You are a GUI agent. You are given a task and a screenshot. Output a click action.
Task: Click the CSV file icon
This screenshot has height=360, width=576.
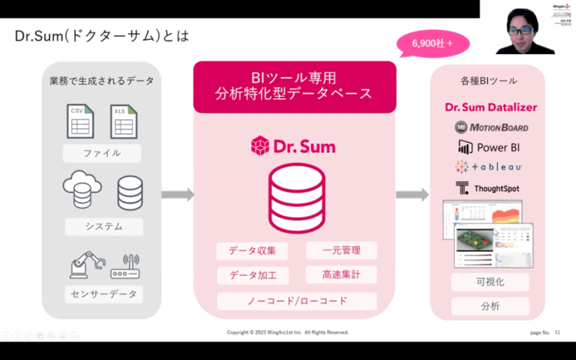pos(80,121)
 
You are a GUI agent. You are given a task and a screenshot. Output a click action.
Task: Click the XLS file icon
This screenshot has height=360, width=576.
pos(124,121)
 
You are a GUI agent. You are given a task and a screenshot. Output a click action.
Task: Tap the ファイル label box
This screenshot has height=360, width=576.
pos(102,154)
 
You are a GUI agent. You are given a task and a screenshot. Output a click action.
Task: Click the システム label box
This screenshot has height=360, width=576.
pos(102,226)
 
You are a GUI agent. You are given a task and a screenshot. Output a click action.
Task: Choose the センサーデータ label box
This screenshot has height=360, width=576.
pos(102,294)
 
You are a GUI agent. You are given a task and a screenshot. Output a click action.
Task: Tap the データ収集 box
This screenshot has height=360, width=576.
pos(251,250)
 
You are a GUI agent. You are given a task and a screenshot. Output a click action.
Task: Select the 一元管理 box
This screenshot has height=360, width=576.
pos(341,250)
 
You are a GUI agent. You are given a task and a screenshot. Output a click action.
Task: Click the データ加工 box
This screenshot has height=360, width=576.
pos(251,275)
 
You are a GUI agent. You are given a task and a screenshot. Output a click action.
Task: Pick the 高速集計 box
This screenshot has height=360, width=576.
pos(341,275)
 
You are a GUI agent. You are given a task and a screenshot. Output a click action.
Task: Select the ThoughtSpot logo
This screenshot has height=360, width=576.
pos(487,188)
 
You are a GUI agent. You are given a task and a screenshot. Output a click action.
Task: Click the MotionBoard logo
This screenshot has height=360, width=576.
pos(492,127)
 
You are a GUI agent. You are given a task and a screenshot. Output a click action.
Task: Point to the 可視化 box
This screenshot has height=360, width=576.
pos(490,282)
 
